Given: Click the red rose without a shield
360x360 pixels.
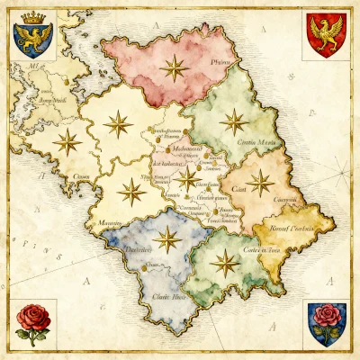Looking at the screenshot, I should click(x=32, y=322).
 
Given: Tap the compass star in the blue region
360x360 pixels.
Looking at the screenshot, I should click(x=166, y=238).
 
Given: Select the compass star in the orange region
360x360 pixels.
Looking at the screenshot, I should click(x=261, y=184).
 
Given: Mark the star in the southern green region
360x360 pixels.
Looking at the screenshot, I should click(x=226, y=264).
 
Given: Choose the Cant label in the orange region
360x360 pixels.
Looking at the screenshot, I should click(x=238, y=189).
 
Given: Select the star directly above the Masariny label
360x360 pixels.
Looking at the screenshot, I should click(x=131, y=191).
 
